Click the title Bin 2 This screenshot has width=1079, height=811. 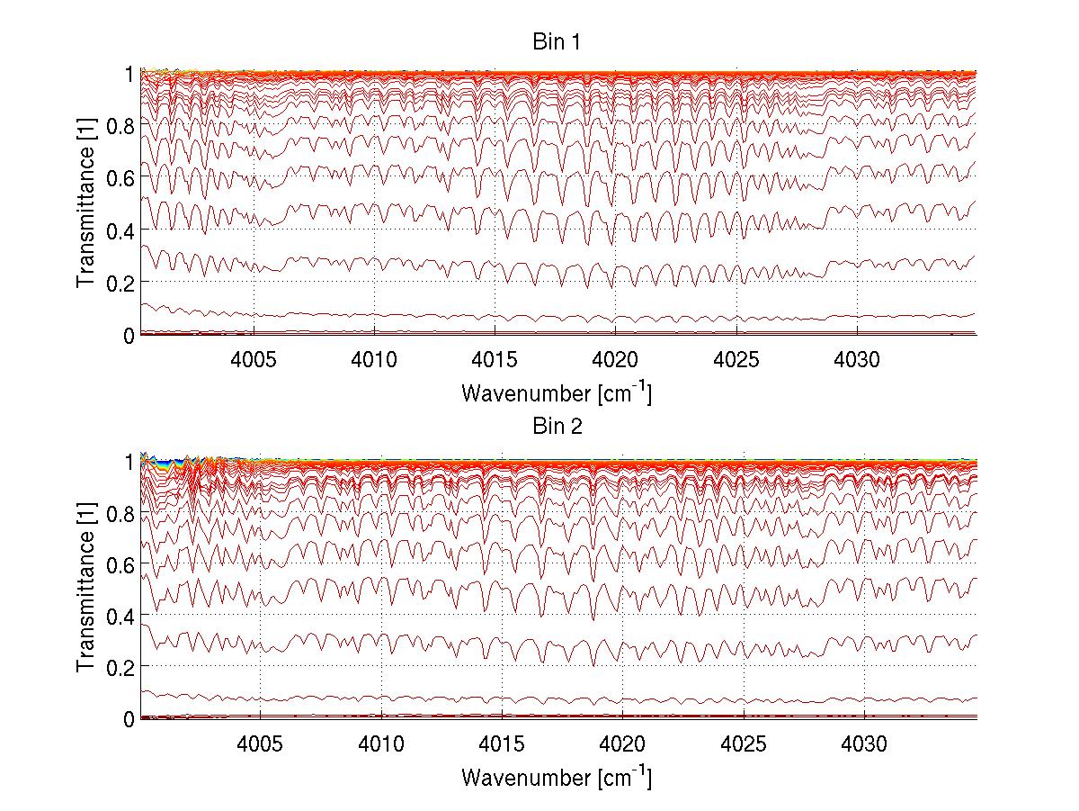pyautogui.click(x=557, y=427)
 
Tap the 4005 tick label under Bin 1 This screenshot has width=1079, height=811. pyautogui.click(x=254, y=358)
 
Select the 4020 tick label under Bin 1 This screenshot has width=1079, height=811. pyautogui.click(x=616, y=358)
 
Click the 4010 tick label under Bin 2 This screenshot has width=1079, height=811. pyautogui.click(x=381, y=742)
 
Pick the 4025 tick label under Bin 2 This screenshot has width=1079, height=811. pyautogui.click(x=744, y=742)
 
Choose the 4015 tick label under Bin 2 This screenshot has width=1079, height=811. pyautogui.click(x=502, y=742)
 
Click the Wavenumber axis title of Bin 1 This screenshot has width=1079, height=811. pyautogui.click(x=557, y=393)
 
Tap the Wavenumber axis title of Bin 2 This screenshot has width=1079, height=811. pyautogui.click(x=557, y=777)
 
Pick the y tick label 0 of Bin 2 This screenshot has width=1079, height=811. pyautogui.click(x=129, y=718)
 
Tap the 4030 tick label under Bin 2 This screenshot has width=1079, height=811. pyautogui.click(x=864, y=742)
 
